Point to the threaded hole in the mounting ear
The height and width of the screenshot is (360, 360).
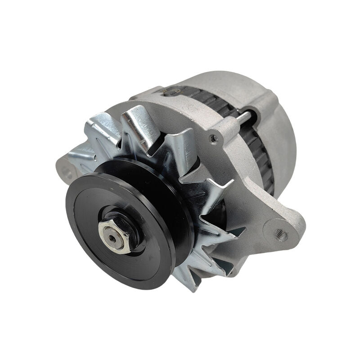(282, 235)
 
